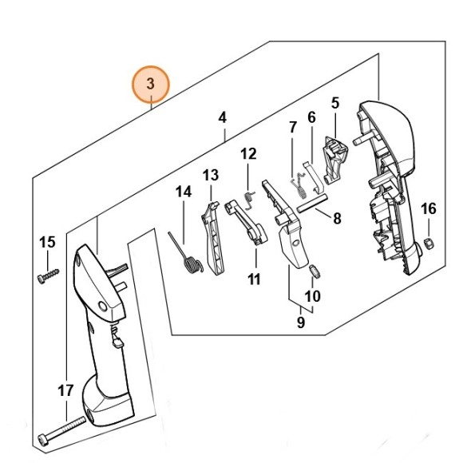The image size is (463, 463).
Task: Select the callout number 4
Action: pyautogui.click(x=223, y=117)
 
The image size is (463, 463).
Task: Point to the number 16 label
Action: pyautogui.click(x=428, y=209)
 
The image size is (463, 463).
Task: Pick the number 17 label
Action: pyautogui.click(x=65, y=390)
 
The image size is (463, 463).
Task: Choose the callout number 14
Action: pyautogui.click(x=184, y=192)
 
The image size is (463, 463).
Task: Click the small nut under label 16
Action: pyautogui.click(x=427, y=243)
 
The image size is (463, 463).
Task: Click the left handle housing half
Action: pyautogui.click(x=100, y=335)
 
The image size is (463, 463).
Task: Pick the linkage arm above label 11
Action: pyautogui.click(x=247, y=222)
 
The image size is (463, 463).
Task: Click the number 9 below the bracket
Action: pyautogui.click(x=301, y=323)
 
